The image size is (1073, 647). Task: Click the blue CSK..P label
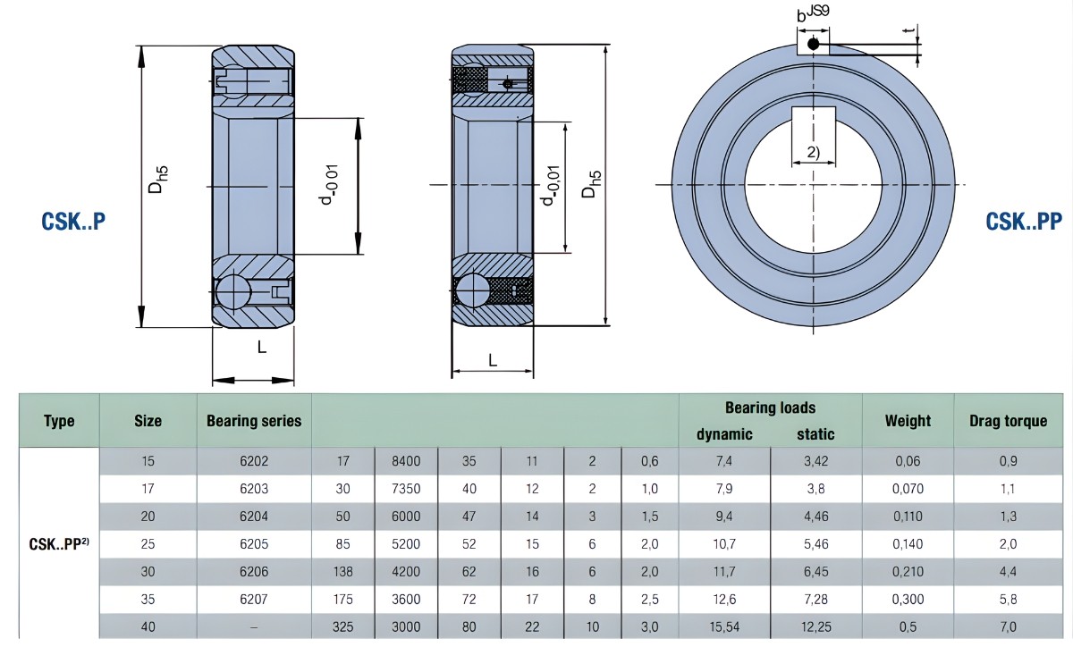(x=73, y=221)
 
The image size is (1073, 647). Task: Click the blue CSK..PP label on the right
(x=1024, y=221)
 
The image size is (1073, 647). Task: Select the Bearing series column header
(x=254, y=421)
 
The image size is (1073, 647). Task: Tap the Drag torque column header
(x=1008, y=421)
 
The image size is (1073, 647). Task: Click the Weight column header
(x=908, y=421)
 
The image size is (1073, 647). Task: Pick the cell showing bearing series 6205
(x=254, y=543)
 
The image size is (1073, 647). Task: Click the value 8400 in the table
(x=406, y=462)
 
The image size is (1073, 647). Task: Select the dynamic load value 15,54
(x=724, y=626)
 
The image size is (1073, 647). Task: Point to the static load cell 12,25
(x=815, y=626)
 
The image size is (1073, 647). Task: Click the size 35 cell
(x=148, y=599)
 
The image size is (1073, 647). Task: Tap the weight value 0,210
(x=908, y=571)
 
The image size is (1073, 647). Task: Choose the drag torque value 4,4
(x=1008, y=571)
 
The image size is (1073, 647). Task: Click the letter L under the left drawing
(x=262, y=348)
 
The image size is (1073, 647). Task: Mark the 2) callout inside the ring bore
(x=813, y=152)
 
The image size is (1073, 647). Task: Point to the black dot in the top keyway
(x=813, y=43)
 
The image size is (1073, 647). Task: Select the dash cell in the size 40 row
(x=254, y=626)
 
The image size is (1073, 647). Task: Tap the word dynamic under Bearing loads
(x=724, y=434)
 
